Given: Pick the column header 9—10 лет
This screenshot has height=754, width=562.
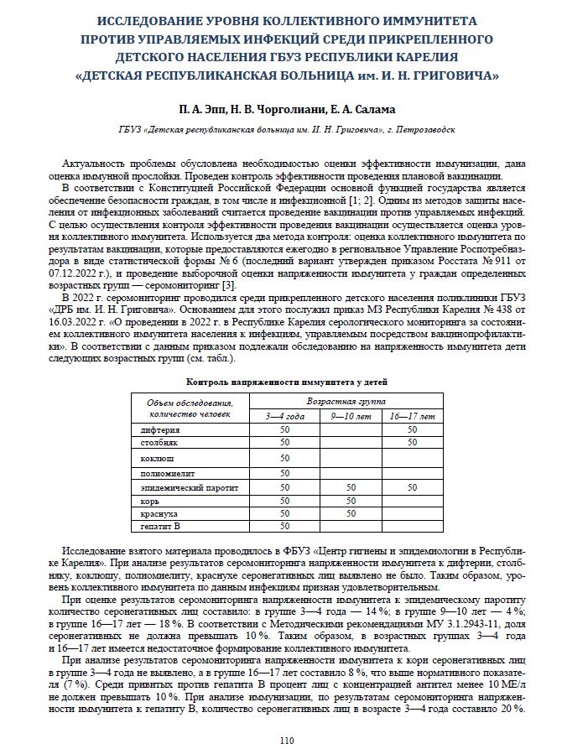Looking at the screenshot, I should pyautogui.click(x=349, y=415).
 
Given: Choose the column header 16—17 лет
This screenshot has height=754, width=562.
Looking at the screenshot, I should pyautogui.click(x=412, y=415).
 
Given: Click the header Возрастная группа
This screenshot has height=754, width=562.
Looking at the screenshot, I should pyautogui.click(x=348, y=402).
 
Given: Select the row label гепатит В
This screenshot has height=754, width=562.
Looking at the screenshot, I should pyautogui.click(x=160, y=526).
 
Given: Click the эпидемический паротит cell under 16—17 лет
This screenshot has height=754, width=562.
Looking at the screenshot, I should pyautogui.click(x=412, y=486).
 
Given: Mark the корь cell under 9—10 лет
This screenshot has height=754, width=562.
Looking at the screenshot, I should pyautogui.click(x=349, y=500).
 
